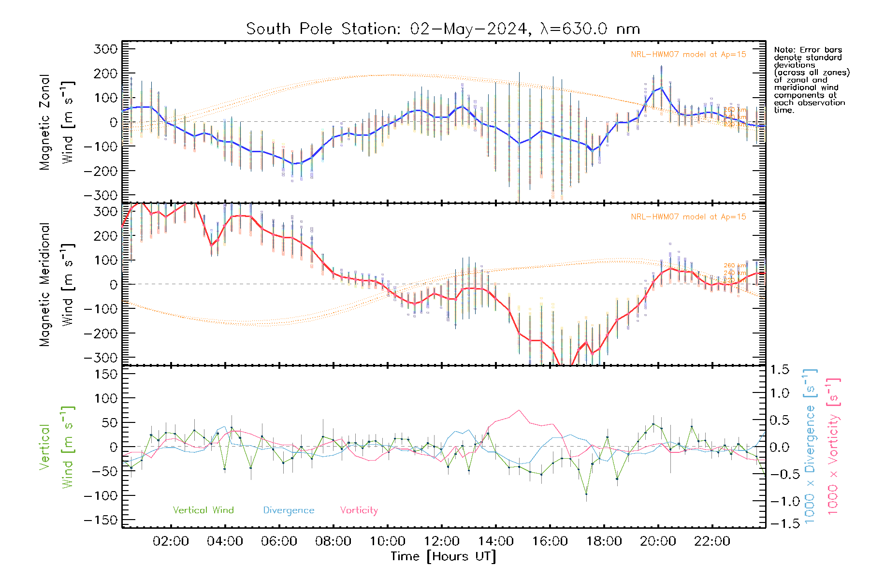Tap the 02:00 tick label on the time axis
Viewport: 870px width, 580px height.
coord(171,541)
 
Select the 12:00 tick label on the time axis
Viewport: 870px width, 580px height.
coord(441,541)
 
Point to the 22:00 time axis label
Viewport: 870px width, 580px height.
coord(712,541)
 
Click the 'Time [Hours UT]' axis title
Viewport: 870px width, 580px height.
coord(443,556)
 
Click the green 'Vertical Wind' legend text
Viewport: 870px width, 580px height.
coord(203,510)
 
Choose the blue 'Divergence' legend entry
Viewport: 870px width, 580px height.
coord(289,510)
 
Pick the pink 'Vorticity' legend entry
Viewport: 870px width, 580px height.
coord(359,510)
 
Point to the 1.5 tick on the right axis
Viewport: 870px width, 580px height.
coord(779,370)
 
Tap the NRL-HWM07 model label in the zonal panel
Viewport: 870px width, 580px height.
coord(688,55)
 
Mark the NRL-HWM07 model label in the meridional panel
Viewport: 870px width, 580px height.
coord(688,217)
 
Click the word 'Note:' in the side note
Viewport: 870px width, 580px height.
coord(785,50)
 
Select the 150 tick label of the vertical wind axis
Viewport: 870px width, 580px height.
coord(105,374)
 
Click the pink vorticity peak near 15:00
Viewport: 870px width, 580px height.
coord(519,410)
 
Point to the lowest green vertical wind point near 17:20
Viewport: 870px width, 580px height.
coord(586,493)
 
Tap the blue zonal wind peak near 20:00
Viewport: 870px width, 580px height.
coord(661,87)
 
